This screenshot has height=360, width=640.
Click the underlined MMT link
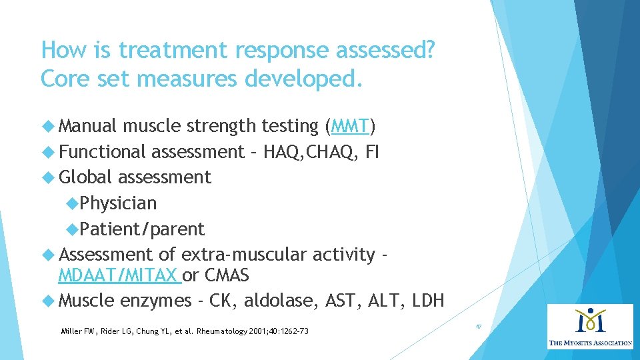[x=350, y=126]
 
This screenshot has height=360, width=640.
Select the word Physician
[x=118, y=203]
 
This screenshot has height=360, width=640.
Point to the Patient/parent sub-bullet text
[x=142, y=229]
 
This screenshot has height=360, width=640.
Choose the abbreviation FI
[x=372, y=152]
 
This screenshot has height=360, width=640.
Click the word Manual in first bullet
[x=87, y=126]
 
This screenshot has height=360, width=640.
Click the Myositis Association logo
[x=590, y=327]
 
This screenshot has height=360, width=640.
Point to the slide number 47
[x=478, y=327]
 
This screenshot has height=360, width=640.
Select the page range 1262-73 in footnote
[x=293, y=331]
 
